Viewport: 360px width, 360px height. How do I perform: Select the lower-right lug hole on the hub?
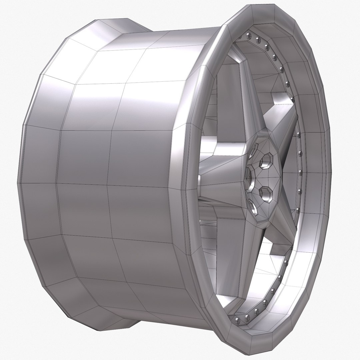coord(266,194)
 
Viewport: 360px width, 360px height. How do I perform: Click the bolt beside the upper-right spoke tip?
coord(292,99)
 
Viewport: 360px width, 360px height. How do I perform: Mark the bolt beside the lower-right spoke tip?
coord(291,248)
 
